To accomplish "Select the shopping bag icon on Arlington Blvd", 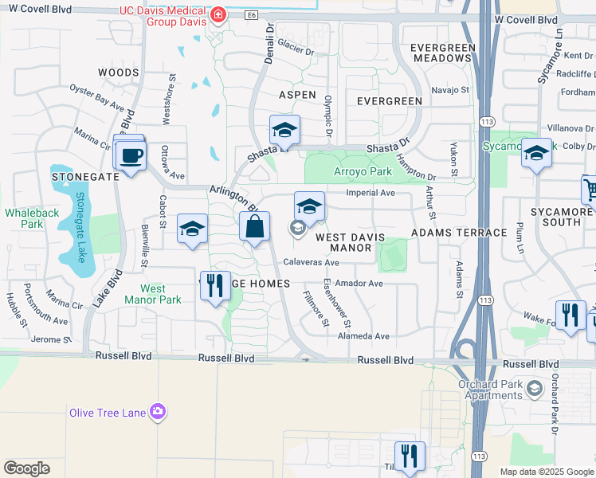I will coord(254,227).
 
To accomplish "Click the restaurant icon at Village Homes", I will coord(214,286).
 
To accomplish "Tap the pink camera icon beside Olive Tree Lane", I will coord(159,411).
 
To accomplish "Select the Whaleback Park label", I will coord(23,218).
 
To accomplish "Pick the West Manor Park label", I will coord(153,294).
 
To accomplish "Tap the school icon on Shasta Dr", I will coord(284,131).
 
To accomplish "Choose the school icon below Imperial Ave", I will coord(309,206).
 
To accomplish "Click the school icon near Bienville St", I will coord(191,229).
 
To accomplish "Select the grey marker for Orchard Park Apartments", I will coord(534,389).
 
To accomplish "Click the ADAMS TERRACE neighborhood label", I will coord(459,233).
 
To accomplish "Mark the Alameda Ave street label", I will coord(363,336).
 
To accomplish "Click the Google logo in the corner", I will coord(27,468).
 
